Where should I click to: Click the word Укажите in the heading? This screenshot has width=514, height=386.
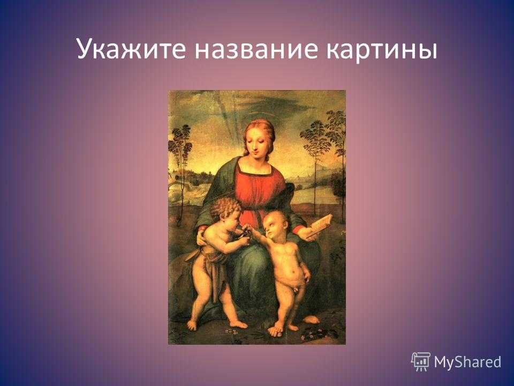click(132, 49)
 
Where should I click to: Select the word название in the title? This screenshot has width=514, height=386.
click(256, 49)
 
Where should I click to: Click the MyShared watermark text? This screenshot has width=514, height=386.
click(467, 362)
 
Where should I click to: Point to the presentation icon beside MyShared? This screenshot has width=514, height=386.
click(421, 361)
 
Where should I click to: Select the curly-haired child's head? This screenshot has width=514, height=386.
click(225, 210)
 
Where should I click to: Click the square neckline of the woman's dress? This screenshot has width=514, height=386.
click(254, 172)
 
